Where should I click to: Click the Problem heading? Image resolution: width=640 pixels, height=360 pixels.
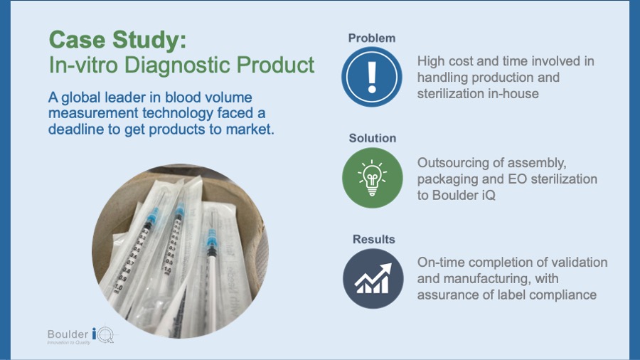[x=371, y=38]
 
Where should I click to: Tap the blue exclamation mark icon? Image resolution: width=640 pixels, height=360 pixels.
[x=372, y=77]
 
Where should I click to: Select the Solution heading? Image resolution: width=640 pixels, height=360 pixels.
[x=372, y=138]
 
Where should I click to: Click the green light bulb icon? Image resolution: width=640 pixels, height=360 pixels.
[x=372, y=178]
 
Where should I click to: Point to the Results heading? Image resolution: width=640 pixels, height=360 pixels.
[x=374, y=239]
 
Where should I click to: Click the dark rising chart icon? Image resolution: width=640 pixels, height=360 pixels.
[x=373, y=279]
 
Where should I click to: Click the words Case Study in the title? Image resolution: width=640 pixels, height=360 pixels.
[x=117, y=40]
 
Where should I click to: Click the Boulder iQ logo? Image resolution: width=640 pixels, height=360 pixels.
[x=81, y=336]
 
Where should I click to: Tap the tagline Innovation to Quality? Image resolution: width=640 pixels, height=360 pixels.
[x=68, y=342]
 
